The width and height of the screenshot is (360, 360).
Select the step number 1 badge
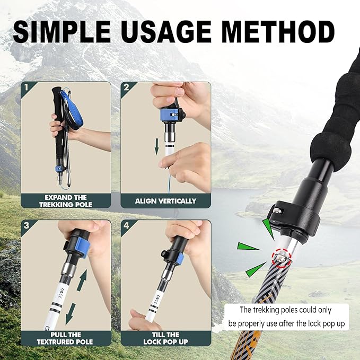pos(27,87)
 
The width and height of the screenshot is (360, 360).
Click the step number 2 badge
pos(126,87)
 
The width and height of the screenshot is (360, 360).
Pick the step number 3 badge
pos(27,226)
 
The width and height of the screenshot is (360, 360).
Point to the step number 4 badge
pos(126,226)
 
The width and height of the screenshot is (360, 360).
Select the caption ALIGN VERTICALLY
pos(165,201)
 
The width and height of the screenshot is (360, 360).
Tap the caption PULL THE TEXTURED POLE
pos(66,338)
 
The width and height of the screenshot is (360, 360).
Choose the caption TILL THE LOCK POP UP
pos(165,338)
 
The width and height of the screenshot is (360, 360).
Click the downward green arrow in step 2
pos(157,146)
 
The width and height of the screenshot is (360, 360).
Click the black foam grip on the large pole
pos(335,127)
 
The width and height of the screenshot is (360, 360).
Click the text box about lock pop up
pos(286,317)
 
